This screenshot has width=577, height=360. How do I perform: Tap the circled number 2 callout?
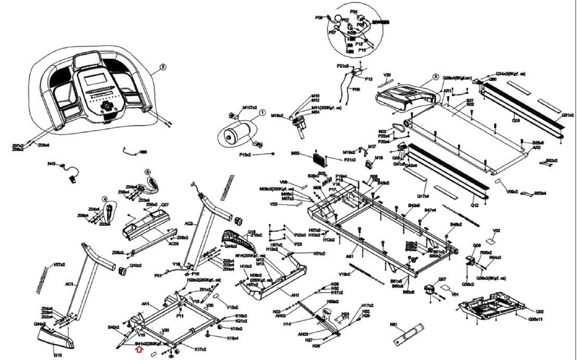(x=163, y=67)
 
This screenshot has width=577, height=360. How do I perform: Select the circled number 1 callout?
(x=262, y=113)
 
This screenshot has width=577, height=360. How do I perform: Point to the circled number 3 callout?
(x=435, y=76)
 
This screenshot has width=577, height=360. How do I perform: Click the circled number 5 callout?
(x=148, y=172)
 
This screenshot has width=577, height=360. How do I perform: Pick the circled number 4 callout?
(x=105, y=199)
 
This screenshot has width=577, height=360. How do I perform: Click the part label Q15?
(x=58, y=355)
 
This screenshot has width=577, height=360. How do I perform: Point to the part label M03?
(x=296, y=154)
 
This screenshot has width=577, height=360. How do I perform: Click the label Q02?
(x=540, y=312)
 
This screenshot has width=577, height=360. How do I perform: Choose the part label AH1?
(x=295, y=295)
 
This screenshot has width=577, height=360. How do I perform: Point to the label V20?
(x=387, y=75)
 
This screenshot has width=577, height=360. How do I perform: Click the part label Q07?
(x=442, y=279)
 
